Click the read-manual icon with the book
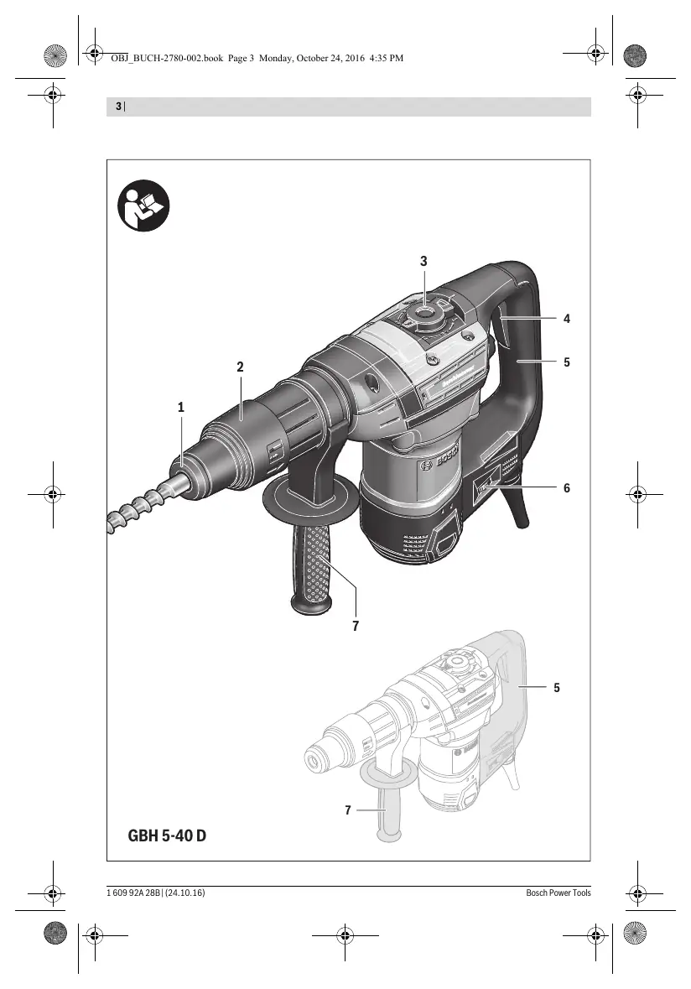[x=143, y=206]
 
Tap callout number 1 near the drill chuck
[x=181, y=408]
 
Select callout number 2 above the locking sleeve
[x=240, y=367]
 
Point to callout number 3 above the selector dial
[x=423, y=261]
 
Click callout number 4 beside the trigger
[x=567, y=319]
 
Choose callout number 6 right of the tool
[x=567, y=488]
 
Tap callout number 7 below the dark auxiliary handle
[x=356, y=626]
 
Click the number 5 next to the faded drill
[x=557, y=688]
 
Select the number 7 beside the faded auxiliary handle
[x=347, y=809]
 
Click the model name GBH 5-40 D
[x=167, y=835]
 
